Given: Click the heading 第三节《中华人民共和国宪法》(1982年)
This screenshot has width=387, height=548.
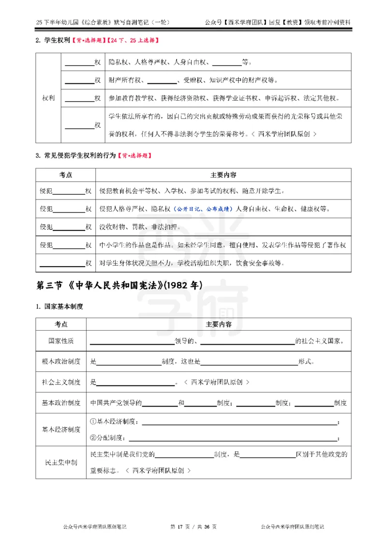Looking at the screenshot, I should coord(119,286).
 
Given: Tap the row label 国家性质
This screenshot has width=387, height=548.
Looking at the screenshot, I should coord(61,341).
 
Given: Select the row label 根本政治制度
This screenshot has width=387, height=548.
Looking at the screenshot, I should coord(61,362).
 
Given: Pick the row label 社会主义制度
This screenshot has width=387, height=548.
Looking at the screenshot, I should coord(61,382).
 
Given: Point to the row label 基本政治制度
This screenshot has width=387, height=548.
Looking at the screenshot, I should coord(61,403).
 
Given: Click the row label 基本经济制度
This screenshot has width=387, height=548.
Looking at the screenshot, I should coord(61,429).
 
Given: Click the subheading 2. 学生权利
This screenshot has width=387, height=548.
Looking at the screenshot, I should coord(53,40).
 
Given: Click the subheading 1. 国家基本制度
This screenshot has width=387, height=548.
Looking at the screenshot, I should coord(60,306).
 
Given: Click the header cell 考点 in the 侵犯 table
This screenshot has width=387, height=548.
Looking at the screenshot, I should coord(66,174).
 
